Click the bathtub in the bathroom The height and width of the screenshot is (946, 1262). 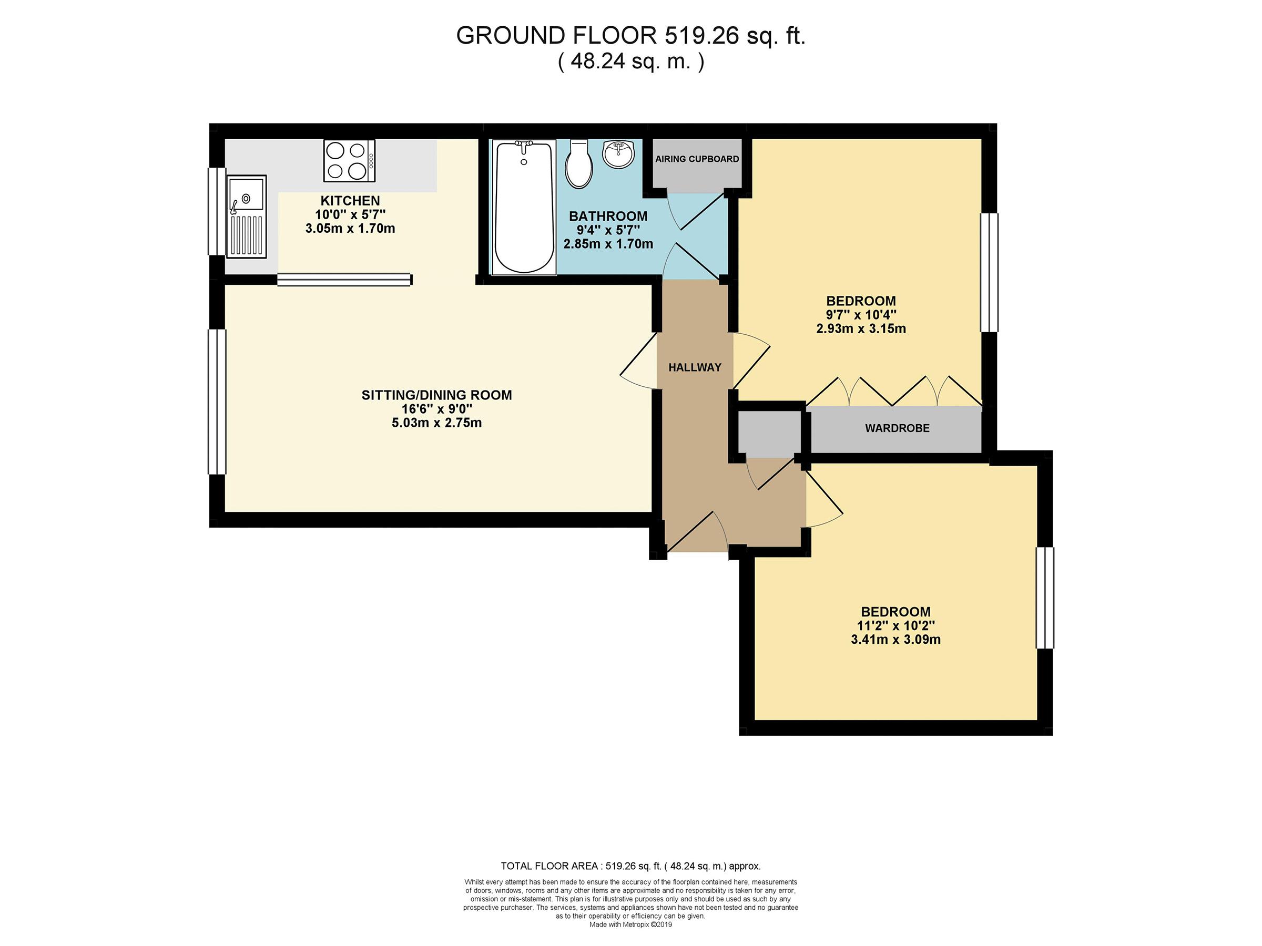coord(524,207)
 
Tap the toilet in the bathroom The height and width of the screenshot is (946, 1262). coord(579,164)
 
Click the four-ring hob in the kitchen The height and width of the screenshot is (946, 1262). coord(349,161)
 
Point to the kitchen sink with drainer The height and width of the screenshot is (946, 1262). coord(247,217)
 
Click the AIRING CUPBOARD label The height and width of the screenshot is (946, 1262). coord(697,159)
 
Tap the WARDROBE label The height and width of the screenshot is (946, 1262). coord(898,428)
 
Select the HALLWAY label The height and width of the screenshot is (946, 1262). coord(695,368)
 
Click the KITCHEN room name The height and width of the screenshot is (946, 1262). coord(350,201)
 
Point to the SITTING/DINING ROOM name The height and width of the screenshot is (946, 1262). coord(437,395)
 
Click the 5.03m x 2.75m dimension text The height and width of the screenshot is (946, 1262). coord(437,423)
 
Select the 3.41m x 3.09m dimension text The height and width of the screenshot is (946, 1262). coord(895,640)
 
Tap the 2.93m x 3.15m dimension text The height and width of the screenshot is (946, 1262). coord(861,329)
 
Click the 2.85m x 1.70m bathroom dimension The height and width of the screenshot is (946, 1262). coord(608,244)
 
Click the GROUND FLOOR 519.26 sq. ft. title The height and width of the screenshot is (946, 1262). coord(631,36)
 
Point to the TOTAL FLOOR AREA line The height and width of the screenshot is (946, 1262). coord(631,866)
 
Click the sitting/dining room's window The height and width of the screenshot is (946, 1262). coord(217,402)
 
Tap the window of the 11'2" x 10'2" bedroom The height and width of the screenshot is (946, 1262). coord(1045,598)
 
